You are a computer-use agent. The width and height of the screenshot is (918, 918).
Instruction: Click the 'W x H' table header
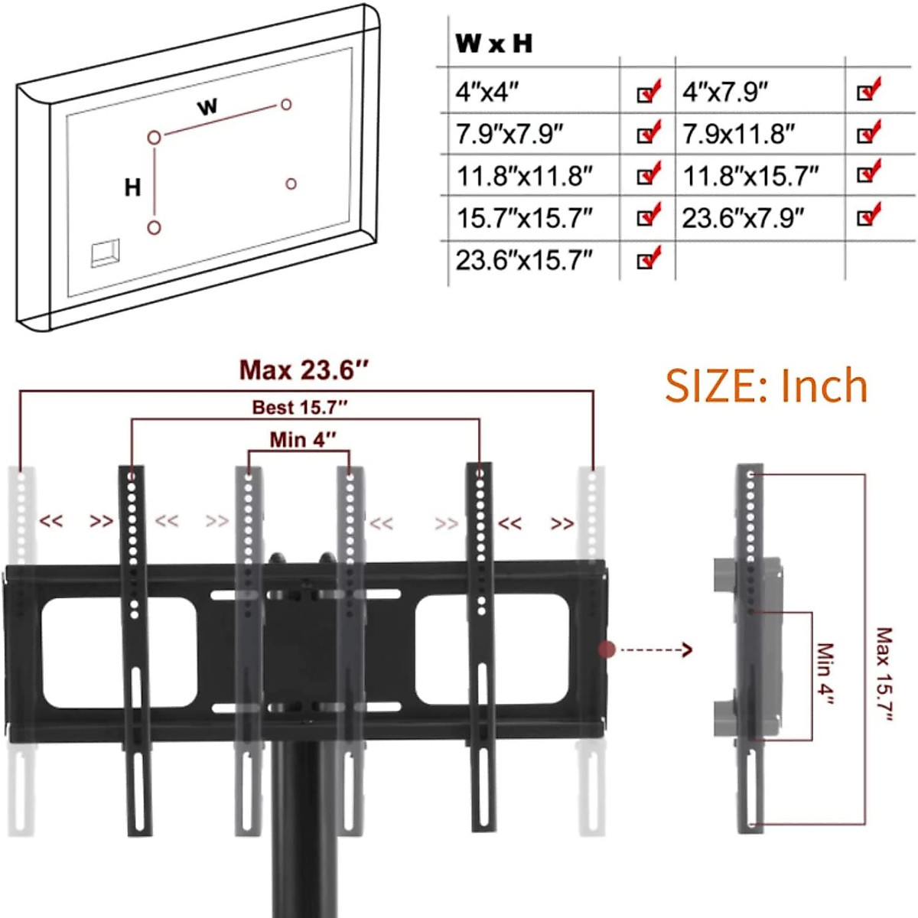coord(493,44)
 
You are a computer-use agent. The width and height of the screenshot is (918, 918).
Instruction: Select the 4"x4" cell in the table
coord(487,92)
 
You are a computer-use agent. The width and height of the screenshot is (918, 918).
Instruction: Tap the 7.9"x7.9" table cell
coord(509,135)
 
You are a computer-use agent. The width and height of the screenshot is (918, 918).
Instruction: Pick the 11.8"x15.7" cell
coord(750,177)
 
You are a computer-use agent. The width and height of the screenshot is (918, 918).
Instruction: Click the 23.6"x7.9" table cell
coord(743,219)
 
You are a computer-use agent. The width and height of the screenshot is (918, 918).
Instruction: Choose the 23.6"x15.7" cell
coord(524,261)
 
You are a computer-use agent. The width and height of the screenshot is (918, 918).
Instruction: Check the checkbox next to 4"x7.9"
coord(868,91)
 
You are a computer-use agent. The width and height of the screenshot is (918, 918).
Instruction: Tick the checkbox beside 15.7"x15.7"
coord(648,217)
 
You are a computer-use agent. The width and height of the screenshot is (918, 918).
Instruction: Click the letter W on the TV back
coord(207,106)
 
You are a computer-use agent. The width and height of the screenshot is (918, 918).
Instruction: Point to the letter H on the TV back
coord(132,187)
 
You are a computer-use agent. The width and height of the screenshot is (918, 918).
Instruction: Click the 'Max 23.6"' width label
coord(304,371)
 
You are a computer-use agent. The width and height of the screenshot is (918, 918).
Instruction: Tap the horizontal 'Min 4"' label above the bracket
coord(303,440)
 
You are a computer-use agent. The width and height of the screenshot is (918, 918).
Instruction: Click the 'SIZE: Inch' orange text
coord(767,386)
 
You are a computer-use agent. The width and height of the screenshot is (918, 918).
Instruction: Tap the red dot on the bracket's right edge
coord(607,650)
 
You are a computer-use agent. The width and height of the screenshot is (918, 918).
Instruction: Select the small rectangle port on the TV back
coord(105,254)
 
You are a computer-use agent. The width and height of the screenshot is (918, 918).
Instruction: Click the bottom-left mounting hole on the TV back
coord(154,227)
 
